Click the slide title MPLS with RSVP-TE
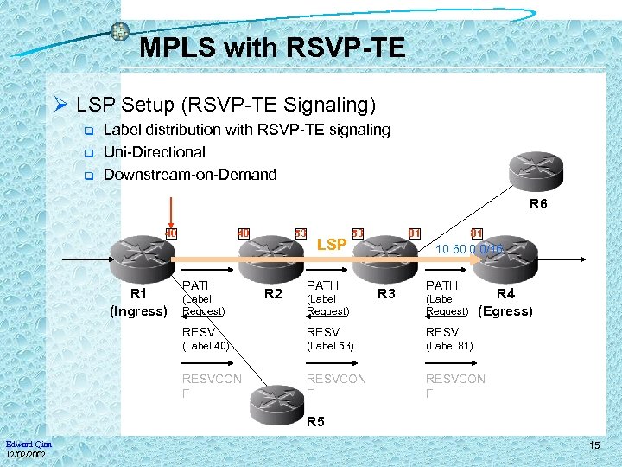pyautogui.click(x=272, y=48)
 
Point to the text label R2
pyautogui.click(x=273, y=294)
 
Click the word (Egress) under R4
pyautogui.click(x=505, y=311)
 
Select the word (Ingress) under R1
pyautogui.click(x=138, y=311)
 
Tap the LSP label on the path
pyautogui.click(x=332, y=245)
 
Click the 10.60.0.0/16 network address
pyautogui.click(x=469, y=249)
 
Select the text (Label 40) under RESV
pyautogui.click(x=206, y=346)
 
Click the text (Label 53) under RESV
pyautogui.click(x=330, y=346)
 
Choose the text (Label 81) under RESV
pyautogui.click(x=449, y=346)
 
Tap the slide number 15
pyautogui.click(x=594, y=445)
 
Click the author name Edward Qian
pyautogui.click(x=28, y=445)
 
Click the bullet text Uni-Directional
pyautogui.click(x=154, y=152)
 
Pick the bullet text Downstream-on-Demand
pyautogui.click(x=189, y=175)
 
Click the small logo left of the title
pyautogui.click(x=120, y=32)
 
